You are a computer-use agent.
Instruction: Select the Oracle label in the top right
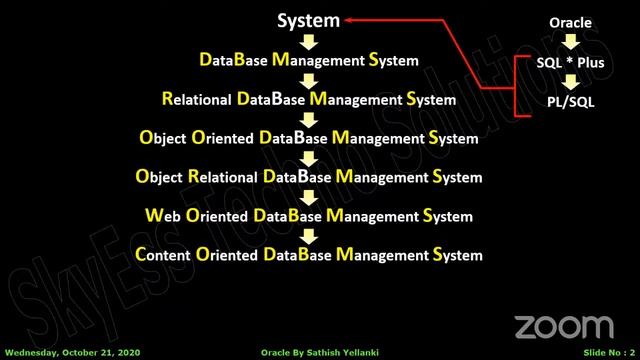click(x=570, y=22)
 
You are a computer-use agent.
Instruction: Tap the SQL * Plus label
click(x=570, y=62)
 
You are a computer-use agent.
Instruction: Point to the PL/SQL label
click(x=570, y=101)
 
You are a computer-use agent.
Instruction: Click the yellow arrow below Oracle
click(x=570, y=42)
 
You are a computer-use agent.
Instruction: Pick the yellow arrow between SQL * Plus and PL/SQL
click(x=570, y=82)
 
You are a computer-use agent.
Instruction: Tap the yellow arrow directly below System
click(x=309, y=41)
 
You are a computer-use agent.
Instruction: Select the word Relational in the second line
click(x=196, y=100)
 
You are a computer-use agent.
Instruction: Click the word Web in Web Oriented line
click(x=162, y=216)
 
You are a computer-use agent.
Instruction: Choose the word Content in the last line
click(x=162, y=255)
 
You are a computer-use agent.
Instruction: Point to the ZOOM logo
click(x=563, y=327)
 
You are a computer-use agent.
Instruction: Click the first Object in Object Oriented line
click(x=162, y=139)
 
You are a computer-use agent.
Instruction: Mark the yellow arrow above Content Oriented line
click(x=309, y=235)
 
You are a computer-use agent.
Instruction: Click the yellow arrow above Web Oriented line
click(x=309, y=197)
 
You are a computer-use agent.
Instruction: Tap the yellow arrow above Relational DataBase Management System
click(x=309, y=80)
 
